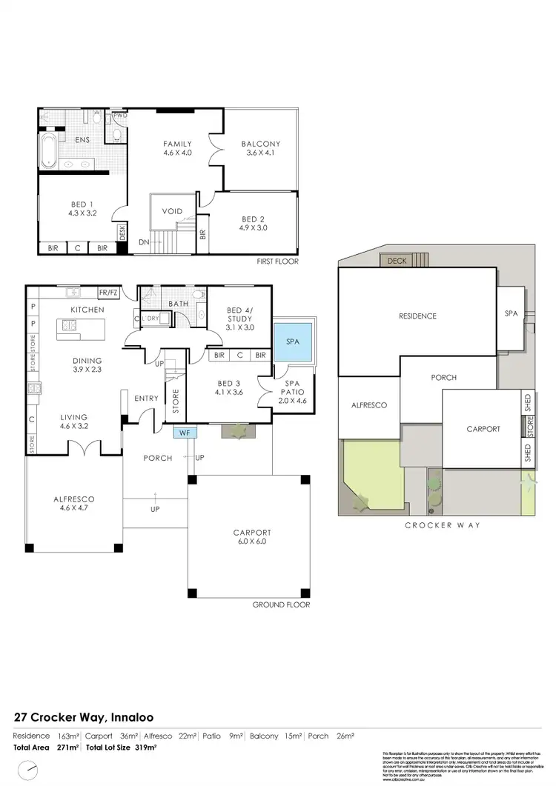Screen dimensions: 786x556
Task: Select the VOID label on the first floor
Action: [172, 211]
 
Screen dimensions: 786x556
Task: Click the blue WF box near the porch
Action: [184, 430]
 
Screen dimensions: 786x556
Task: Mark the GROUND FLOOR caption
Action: [281, 605]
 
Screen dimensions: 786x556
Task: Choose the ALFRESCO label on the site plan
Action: [368, 405]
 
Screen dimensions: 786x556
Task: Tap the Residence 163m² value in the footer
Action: [70, 736]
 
